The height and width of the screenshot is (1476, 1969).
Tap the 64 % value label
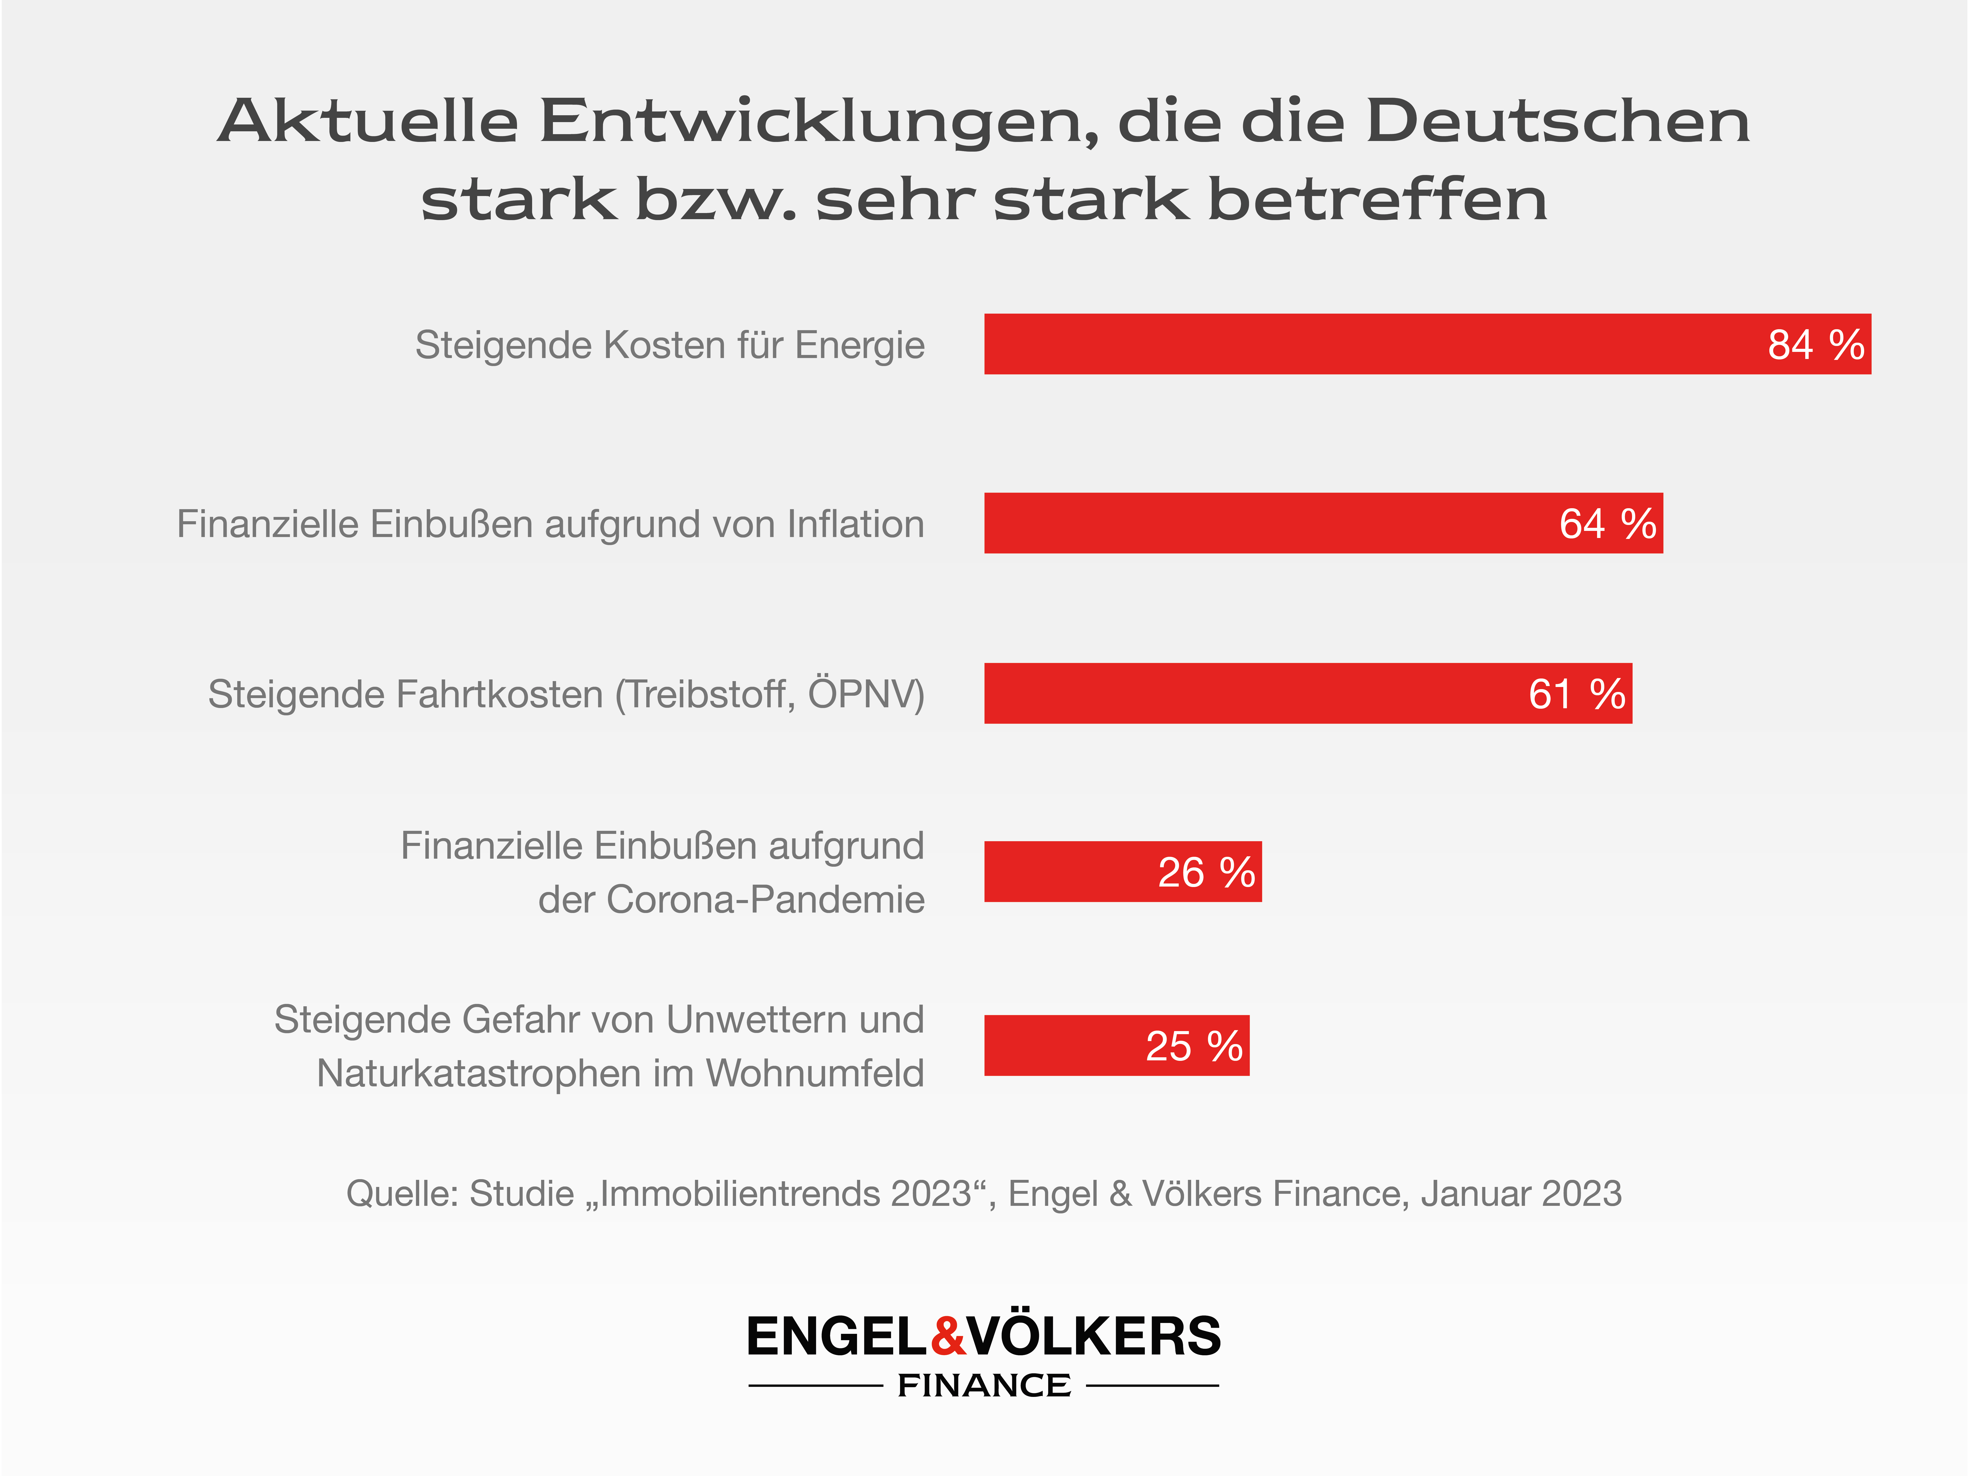pyautogui.click(x=1607, y=524)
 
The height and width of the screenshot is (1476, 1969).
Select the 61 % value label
pyautogui.click(x=1577, y=694)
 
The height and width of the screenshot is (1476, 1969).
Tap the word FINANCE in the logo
pyautogui.click(x=984, y=1385)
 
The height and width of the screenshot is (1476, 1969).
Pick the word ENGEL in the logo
pyautogui.click(x=837, y=1336)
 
